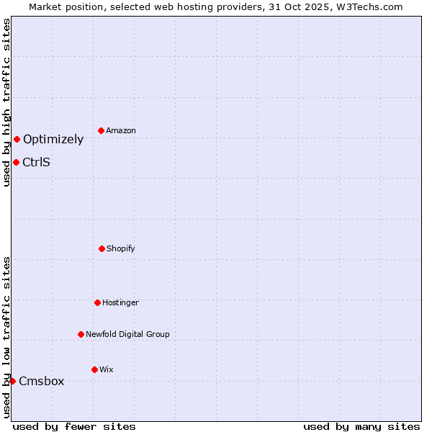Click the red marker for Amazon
click(x=101, y=130)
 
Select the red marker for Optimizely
click(x=17, y=139)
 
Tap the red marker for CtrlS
click(x=16, y=162)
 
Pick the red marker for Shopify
click(x=102, y=248)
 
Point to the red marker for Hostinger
click(x=97, y=302)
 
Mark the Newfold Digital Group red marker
click(x=81, y=334)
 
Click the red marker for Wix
click(x=94, y=369)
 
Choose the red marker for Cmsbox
click(x=12, y=381)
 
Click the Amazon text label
click(x=121, y=130)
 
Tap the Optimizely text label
click(x=53, y=140)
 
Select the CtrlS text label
click(x=37, y=162)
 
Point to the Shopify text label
click(x=121, y=248)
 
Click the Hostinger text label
click(x=120, y=302)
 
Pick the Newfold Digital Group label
click(x=128, y=334)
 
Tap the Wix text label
click(x=107, y=369)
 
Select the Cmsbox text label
click(x=42, y=382)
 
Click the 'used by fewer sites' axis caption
click(x=74, y=426)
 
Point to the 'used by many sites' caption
click(x=361, y=426)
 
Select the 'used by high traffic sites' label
click(x=6, y=102)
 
